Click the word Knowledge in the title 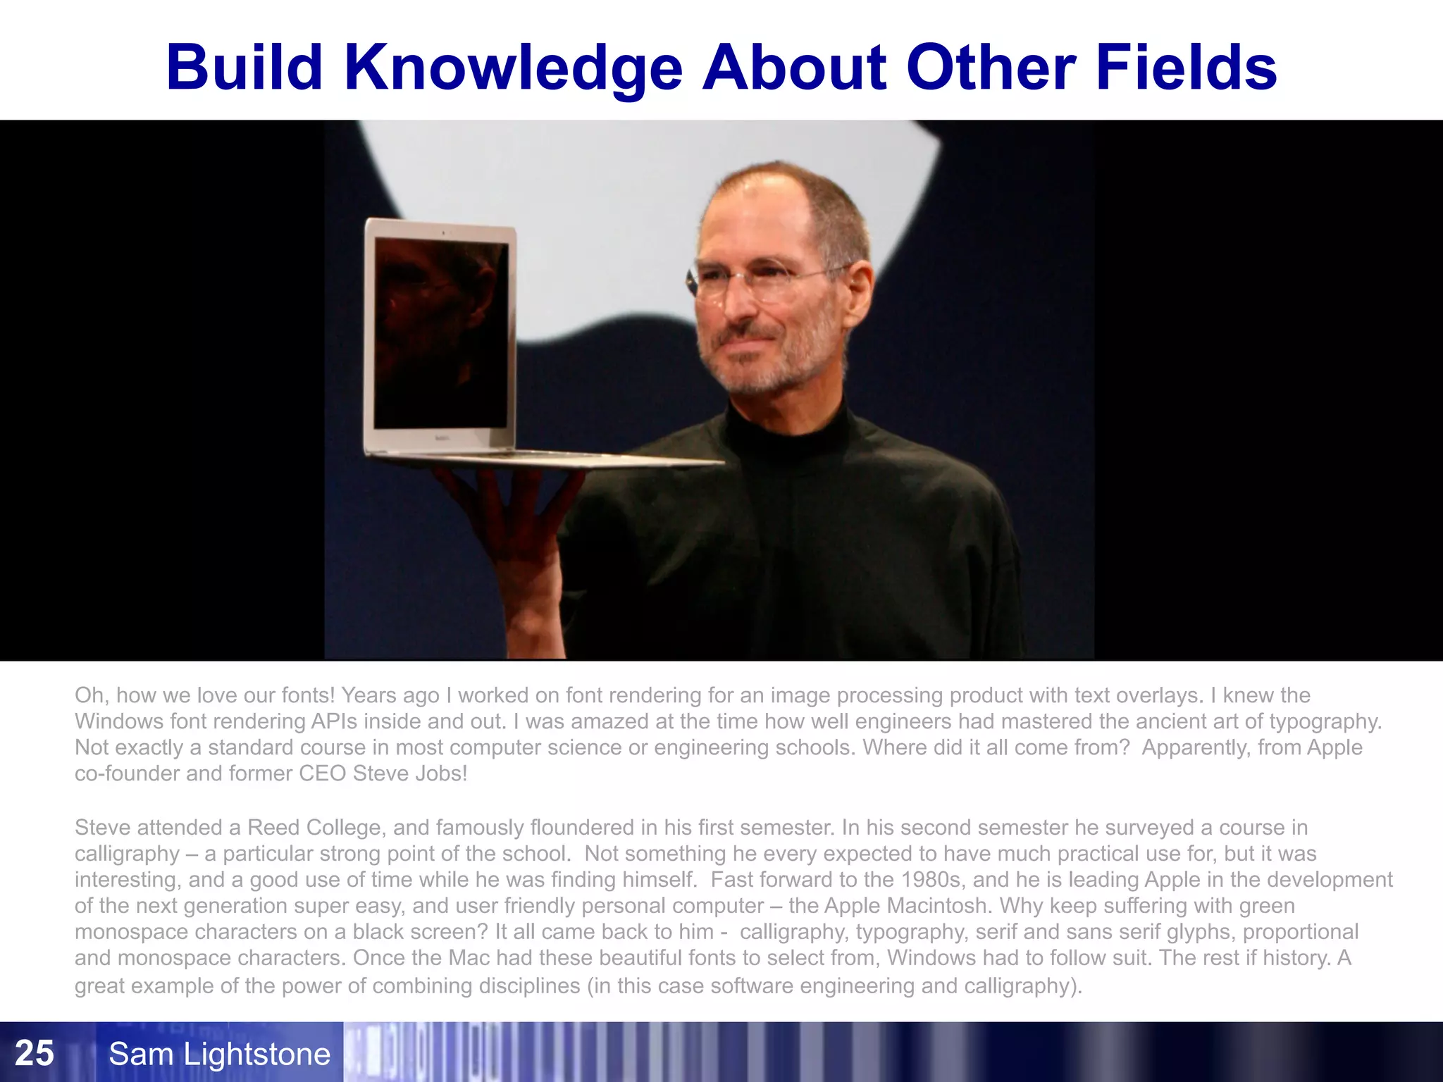[514, 68]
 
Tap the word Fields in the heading [1186, 68]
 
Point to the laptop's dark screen [440, 335]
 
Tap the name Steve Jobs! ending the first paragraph [410, 773]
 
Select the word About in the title [794, 68]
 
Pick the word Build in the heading [244, 68]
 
